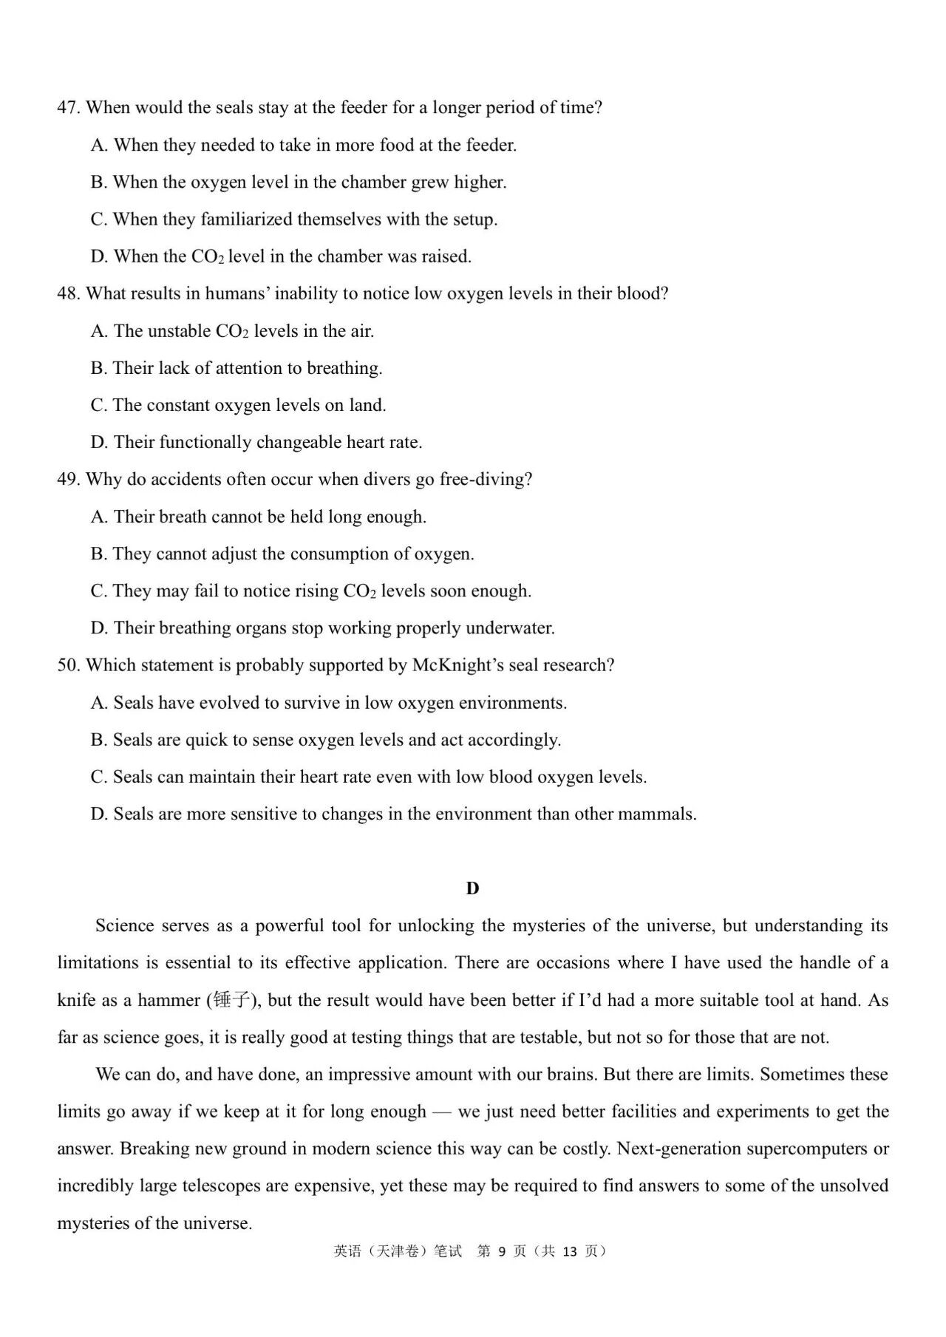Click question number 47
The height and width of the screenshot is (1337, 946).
[x=68, y=108]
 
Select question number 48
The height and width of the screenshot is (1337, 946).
[x=68, y=294]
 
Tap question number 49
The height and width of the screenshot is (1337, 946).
[x=68, y=480]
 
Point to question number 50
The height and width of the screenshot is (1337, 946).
[x=68, y=665]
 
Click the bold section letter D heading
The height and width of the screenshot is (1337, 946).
[x=472, y=888]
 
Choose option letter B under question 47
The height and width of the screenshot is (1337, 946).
[x=99, y=183]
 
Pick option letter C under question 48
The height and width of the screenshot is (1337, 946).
[x=99, y=406]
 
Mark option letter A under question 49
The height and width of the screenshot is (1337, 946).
[x=99, y=517]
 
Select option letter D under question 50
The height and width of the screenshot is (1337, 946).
[x=99, y=814]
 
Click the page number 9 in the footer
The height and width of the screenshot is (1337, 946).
[x=502, y=1251]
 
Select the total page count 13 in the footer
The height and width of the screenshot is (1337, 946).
[x=569, y=1251]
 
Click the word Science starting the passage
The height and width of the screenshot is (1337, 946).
[x=125, y=926]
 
